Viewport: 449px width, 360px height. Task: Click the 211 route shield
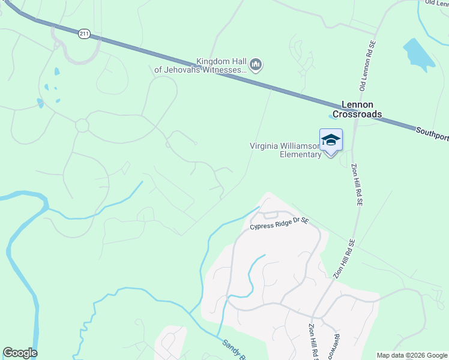[84, 34]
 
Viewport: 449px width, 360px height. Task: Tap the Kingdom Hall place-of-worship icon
[256, 65]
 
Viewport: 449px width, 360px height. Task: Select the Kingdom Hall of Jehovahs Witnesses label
[200, 65]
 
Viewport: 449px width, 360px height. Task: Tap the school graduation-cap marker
[331, 141]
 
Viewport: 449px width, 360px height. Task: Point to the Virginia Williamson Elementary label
[286, 150]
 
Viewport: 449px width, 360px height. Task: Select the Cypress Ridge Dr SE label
[279, 223]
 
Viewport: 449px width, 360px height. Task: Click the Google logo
[20, 353]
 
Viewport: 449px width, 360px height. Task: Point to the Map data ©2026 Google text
[412, 355]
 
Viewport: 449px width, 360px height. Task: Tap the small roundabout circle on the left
[82, 125]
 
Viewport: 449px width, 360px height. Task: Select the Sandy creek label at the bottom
[234, 349]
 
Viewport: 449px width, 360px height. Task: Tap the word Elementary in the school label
[301, 155]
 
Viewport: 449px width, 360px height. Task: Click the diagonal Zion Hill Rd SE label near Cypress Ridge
[345, 259]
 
